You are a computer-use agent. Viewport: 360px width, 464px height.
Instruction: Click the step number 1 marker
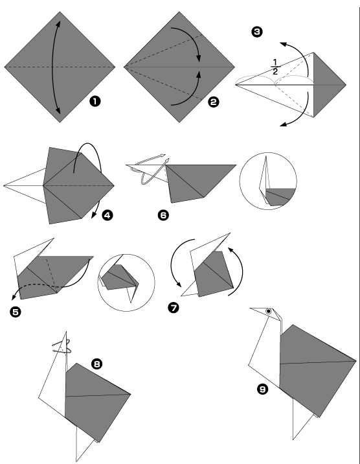(x=95, y=102)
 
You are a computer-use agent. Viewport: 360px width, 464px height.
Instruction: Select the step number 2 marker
(x=214, y=102)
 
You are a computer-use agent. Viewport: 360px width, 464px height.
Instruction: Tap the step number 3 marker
(x=257, y=32)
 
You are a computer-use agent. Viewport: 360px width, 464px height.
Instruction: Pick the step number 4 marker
(x=107, y=215)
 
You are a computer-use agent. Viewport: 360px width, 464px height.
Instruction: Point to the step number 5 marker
(x=16, y=312)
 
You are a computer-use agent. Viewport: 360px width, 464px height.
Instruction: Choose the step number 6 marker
(x=163, y=215)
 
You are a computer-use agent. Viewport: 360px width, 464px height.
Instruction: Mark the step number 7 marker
(x=174, y=308)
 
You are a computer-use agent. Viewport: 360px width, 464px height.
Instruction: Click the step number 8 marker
(x=97, y=364)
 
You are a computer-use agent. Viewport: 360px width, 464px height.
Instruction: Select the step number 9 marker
(x=262, y=389)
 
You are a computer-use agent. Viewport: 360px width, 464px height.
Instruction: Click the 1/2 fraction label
(x=275, y=67)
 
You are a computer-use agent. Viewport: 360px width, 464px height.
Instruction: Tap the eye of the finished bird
(x=268, y=311)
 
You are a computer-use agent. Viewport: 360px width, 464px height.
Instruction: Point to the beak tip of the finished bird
(x=251, y=308)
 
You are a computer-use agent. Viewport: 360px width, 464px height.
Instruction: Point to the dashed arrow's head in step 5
(x=14, y=297)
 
